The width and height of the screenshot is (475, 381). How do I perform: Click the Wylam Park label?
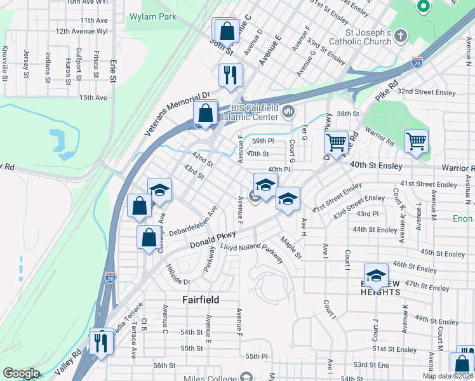152,17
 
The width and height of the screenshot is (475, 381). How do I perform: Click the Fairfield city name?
201,299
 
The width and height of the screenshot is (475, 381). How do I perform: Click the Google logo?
20,373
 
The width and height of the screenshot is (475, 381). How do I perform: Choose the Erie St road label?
114,70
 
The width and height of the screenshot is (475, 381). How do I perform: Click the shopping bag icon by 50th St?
227,30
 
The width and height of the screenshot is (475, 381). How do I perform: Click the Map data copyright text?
448,376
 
